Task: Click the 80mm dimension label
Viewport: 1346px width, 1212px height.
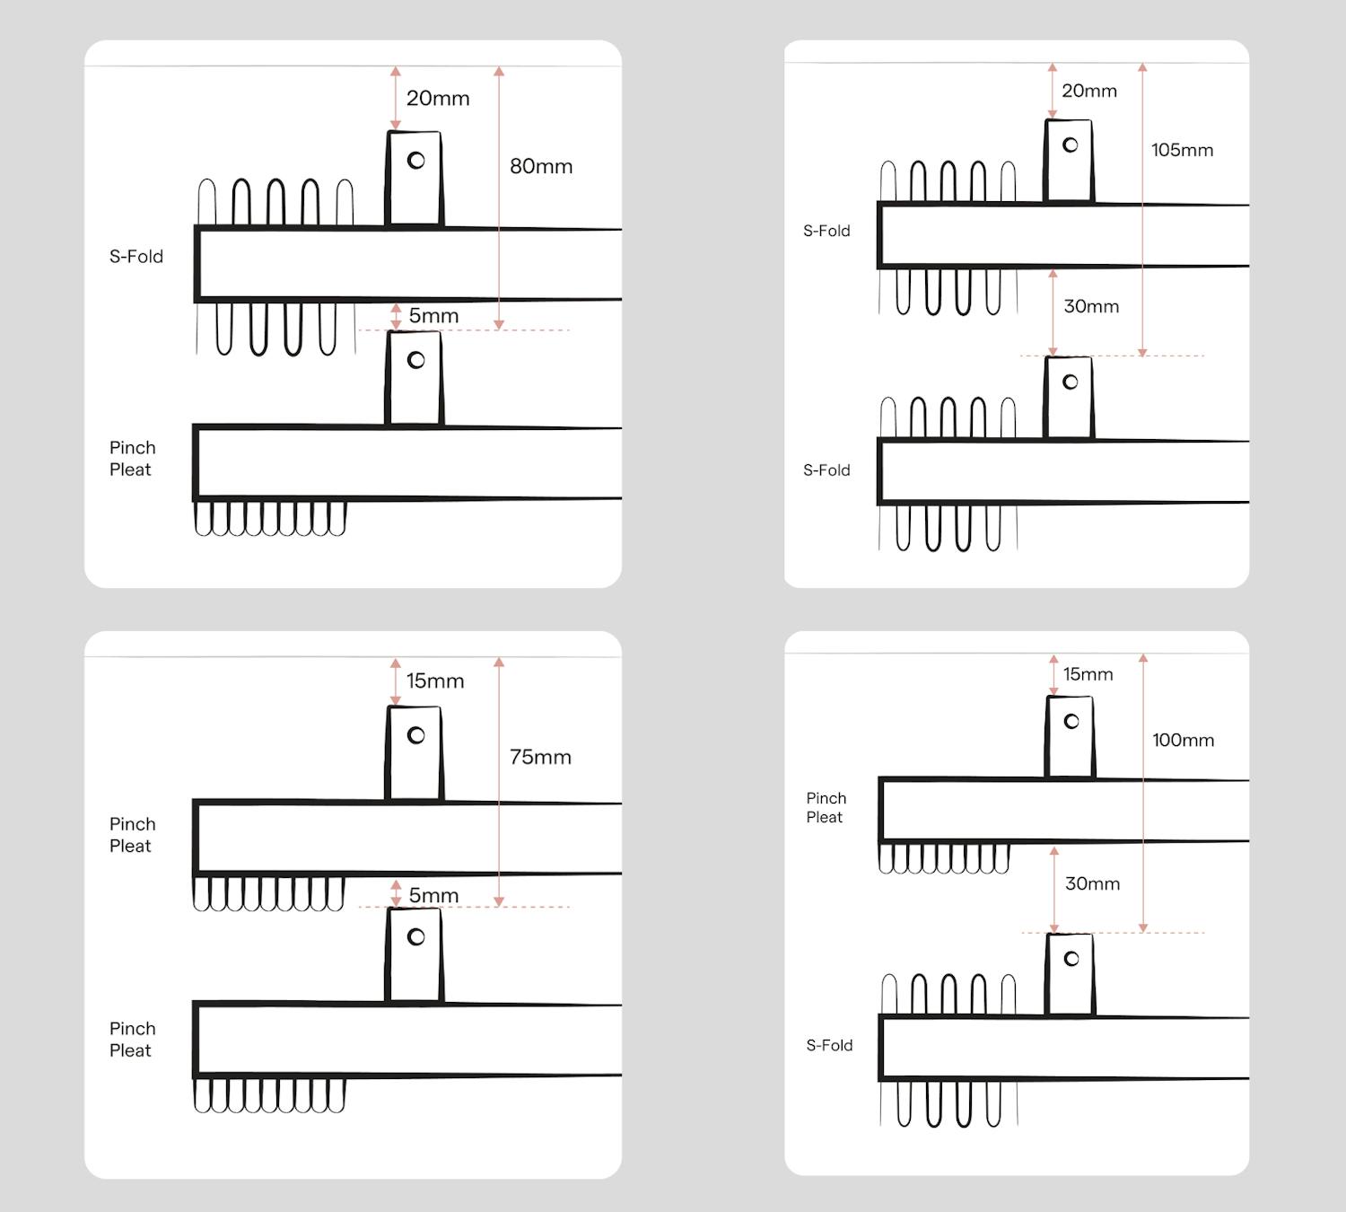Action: tap(541, 166)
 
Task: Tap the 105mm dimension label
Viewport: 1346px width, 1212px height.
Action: tap(1183, 150)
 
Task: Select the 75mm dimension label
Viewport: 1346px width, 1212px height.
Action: tap(540, 757)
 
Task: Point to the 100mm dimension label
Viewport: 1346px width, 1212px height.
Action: tap(1183, 740)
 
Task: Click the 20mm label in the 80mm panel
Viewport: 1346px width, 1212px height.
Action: tap(438, 98)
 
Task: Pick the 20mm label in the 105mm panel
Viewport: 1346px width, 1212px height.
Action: tap(1089, 91)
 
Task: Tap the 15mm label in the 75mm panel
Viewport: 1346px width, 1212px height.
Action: tap(435, 681)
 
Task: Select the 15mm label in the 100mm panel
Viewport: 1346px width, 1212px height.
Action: tap(1088, 673)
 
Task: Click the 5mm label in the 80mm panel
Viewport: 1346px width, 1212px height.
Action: tap(433, 315)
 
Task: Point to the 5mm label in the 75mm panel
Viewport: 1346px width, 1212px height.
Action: tap(433, 895)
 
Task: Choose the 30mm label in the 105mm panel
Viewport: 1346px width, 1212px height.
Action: tap(1091, 306)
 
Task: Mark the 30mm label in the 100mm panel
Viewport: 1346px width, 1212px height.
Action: tap(1092, 883)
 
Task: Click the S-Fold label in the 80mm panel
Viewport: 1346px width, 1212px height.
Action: tap(136, 256)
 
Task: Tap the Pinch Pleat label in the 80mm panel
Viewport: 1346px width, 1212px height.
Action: tap(132, 459)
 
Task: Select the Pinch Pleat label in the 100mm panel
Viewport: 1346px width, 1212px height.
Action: tap(826, 807)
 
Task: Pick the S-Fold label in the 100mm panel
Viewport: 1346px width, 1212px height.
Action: tap(829, 1045)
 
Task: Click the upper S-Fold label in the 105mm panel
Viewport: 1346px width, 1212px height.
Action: tap(826, 231)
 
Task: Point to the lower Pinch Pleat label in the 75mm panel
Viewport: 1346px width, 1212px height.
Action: tap(132, 1040)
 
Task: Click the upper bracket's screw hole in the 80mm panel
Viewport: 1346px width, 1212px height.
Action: tap(416, 161)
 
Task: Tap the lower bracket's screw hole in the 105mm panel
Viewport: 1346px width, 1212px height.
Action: tap(1071, 382)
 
